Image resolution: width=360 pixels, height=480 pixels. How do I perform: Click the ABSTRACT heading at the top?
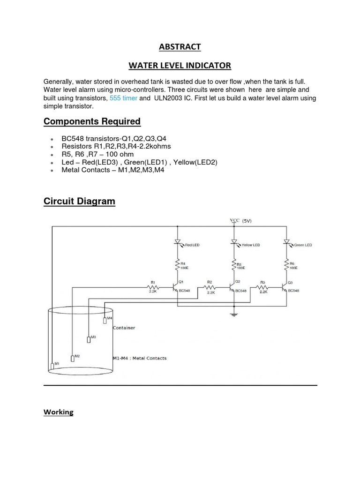click(180, 46)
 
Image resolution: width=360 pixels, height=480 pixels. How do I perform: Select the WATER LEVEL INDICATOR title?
click(180, 65)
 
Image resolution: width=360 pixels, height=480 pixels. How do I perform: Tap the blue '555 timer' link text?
click(123, 98)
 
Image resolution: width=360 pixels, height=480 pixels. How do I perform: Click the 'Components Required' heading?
click(92, 121)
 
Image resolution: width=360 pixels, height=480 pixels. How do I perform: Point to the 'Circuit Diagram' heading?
click(79, 202)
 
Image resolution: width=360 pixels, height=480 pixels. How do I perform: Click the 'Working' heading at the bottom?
click(59, 412)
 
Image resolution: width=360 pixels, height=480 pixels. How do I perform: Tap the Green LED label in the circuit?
click(302, 245)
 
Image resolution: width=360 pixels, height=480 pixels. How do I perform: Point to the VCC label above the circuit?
click(235, 220)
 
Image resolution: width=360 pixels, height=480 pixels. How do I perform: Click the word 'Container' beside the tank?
click(124, 328)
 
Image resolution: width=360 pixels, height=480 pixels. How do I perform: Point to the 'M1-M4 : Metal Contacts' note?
click(140, 358)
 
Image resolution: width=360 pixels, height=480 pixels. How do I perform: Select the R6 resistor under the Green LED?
click(286, 265)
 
